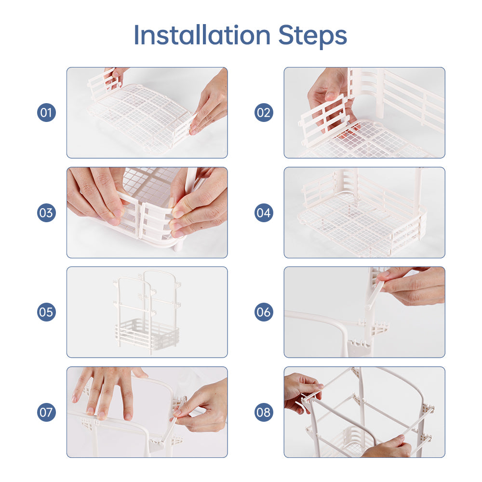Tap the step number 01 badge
click(x=46, y=113)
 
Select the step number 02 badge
click(x=264, y=113)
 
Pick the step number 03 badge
click(x=46, y=213)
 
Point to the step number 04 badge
click(x=264, y=213)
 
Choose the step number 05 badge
click(x=46, y=312)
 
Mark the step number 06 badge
click(x=264, y=312)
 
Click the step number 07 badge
click(x=46, y=412)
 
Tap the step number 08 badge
click(x=264, y=412)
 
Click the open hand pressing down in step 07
click(x=106, y=390)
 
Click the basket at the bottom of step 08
click(x=349, y=441)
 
